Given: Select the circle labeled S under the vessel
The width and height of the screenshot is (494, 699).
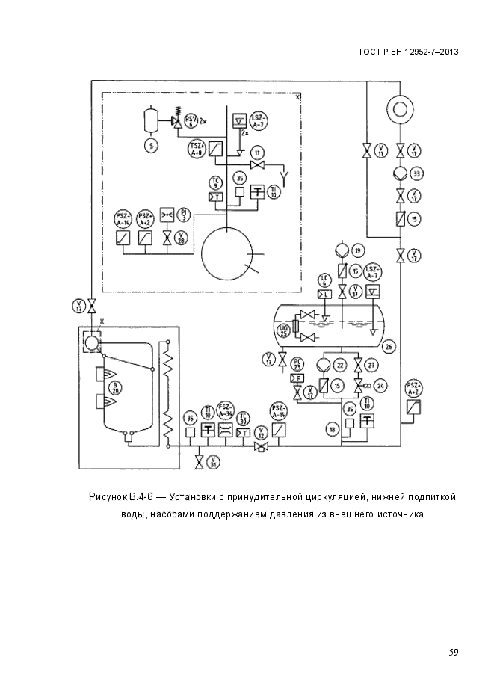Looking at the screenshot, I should [151, 146].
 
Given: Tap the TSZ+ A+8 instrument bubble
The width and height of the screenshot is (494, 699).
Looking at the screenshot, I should [197, 147].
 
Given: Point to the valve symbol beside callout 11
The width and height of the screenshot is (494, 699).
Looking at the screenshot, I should [259, 164].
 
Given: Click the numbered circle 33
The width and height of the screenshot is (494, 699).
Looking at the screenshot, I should [417, 173].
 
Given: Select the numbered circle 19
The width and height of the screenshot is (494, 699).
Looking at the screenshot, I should [358, 250].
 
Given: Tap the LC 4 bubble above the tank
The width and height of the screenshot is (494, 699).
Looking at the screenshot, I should [324, 280].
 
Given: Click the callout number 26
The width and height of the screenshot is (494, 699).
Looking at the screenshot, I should [388, 347].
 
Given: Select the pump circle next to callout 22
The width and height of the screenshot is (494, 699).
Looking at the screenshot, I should [323, 365].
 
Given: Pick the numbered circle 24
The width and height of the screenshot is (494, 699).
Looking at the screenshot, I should [380, 385].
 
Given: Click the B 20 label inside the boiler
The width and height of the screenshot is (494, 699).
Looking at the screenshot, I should [115, 387].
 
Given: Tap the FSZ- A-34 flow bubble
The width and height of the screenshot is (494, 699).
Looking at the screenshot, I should [226, 410].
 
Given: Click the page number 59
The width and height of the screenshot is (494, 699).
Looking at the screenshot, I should [453, 652].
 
